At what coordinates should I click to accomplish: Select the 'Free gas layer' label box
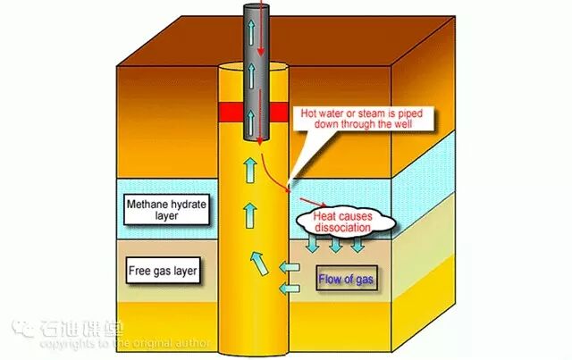pos(163,269)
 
